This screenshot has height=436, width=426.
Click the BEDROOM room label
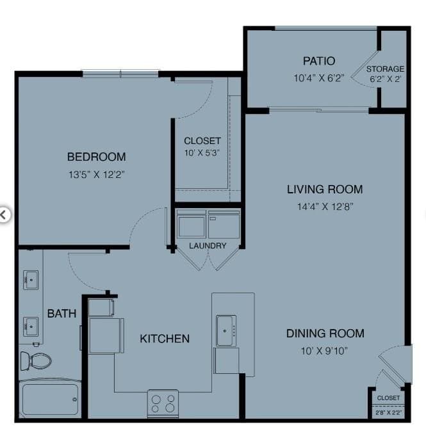[x=97, y=157]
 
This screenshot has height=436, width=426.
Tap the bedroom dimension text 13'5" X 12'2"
[x=97, y=175]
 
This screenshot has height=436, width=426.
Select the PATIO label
[x=319, y=61]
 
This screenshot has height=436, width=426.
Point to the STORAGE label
[x=385, y=69]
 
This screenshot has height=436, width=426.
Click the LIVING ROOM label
[x=325, y=190]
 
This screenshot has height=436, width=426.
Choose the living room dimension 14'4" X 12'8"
[x=325, y=207]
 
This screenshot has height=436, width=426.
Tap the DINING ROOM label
[x=325, y=334]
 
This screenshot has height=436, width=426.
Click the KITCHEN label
[x=165, y=339]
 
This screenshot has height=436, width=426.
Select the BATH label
[x=61, y=314]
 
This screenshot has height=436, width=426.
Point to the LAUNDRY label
[x=208, y=246]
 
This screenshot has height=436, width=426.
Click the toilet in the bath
[x=36, y=361]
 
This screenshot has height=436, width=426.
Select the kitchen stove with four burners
[x=163, y=403]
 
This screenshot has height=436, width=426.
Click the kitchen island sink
[x=226, y=330]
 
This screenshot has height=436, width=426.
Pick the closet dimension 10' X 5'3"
[x=202, y=152]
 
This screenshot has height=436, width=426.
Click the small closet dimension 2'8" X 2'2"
[x=388, y=413]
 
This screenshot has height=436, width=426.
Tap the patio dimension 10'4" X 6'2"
[x=319, y=78]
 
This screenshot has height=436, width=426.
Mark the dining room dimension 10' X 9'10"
[x=324, y=351]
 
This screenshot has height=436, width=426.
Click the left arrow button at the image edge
[x=4, y=214]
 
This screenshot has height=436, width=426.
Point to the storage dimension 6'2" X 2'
[x=385, y=79]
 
